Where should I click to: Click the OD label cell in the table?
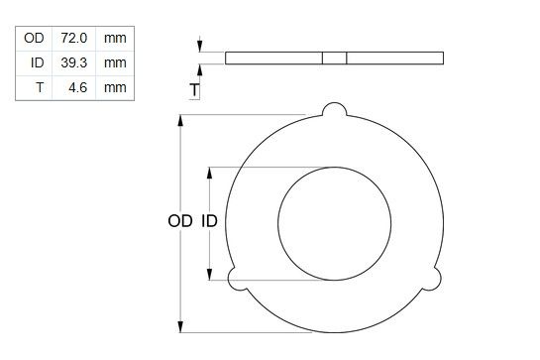click(x=34, y=38)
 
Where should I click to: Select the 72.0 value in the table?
click(x=73, y=38)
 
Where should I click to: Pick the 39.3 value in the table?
click(x=73, y=62)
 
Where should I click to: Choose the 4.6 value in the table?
click(x=78, y=87)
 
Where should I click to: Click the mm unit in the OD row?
click(x=115, y=38)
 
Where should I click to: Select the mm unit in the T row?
click(x=115, y=87)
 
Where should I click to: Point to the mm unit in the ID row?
click(x=115, y=62)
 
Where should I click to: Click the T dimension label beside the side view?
click(x=194, y=90)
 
